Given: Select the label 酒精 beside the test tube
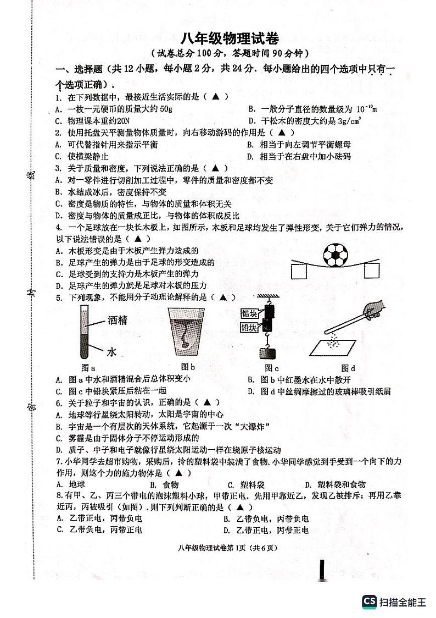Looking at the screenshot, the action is click(x=116, y=319).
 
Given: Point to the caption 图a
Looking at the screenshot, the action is click(x=88, y=368).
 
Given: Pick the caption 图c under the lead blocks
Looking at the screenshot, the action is click(x=271, y=368).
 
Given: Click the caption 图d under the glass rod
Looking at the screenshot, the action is click(x=348, y=368).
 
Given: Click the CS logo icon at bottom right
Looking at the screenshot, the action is click(x=369, y=602).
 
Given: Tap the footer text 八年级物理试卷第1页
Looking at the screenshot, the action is click(x=216, y=548).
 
